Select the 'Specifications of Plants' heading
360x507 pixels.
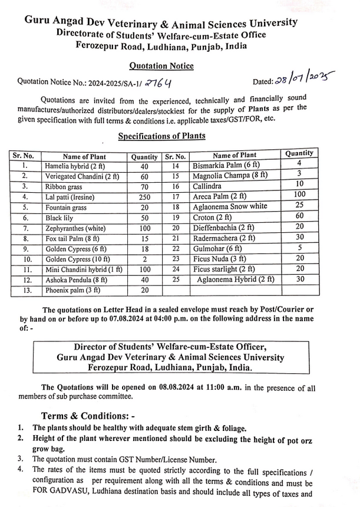point(161,136)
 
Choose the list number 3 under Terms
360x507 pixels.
point(21,459)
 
